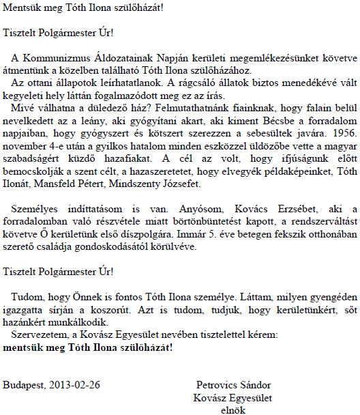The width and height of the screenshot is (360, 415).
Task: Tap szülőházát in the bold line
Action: point(142,346)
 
